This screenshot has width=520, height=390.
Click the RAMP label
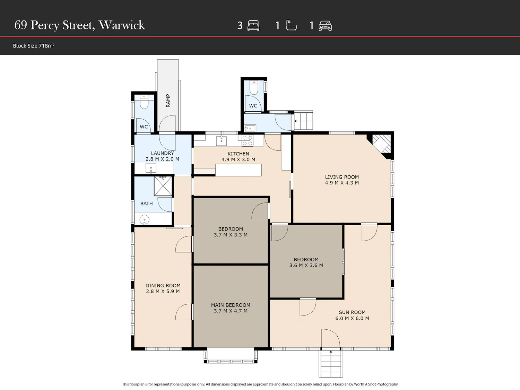[x=168, y=101]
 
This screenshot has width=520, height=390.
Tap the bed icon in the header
[x=253, y=26]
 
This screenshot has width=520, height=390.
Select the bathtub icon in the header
[x=291, y=25]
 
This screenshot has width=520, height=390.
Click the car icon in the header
[x=325, y=26]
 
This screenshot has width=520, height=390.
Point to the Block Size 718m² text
[x=34, y=46]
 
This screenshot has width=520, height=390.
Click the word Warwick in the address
[x=122, y=25]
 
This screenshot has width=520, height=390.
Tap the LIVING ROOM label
[x=342, y=177]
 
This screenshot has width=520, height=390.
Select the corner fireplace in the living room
[x=381, y=145]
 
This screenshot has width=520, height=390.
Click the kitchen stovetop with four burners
[x=247, y=141]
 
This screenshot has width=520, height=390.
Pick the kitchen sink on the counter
[x=222, y=141]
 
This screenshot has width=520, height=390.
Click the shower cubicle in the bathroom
[x=163, y=186]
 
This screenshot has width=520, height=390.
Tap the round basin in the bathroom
[x=144, y=220]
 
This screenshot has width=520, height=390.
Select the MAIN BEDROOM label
[x=231, y=305]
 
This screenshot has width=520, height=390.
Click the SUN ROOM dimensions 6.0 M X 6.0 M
[x=352, y=318]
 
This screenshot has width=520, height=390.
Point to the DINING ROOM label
[x=163, y=286]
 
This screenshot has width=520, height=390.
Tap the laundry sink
[x=151, y=168]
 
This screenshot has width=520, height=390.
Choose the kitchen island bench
[x=238, y=170]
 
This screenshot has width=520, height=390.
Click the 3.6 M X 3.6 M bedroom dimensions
[x=306, y=265]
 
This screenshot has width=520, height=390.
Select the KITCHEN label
[x=238, y=154]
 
